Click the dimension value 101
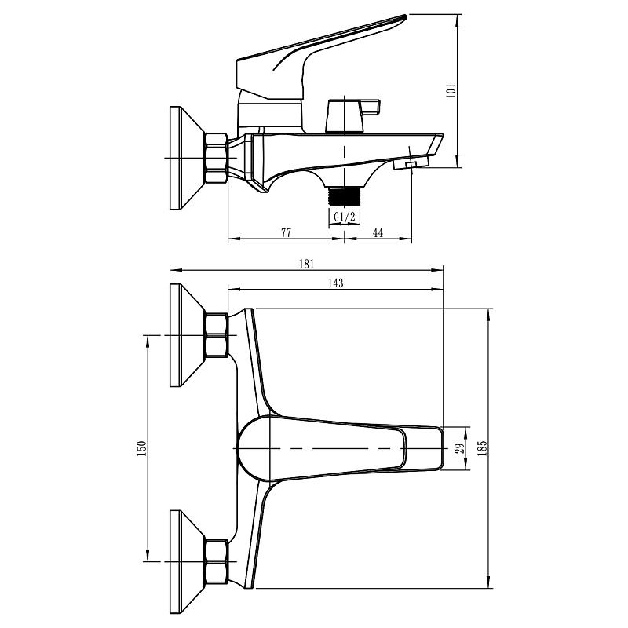[451, 91]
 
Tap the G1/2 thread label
[345, 217]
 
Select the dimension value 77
[286, 232]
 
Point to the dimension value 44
[378, 232]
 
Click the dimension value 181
[307, 264]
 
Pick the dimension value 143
[336, 283]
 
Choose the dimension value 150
[142, 448]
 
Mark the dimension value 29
[461, 447]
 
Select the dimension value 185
[482, 448]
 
